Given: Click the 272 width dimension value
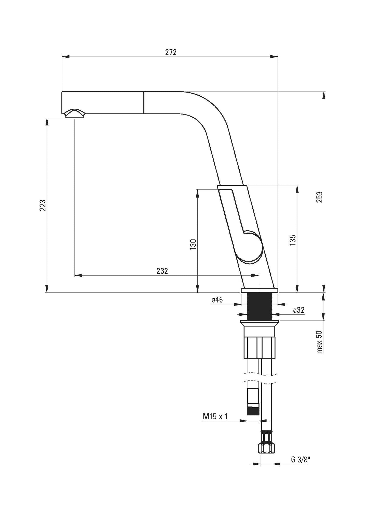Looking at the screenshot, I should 171,52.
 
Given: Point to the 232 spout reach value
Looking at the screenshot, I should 162,271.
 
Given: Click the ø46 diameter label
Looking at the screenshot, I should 217,300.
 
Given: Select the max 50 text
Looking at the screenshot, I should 320,342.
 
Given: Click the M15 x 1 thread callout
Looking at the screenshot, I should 215,417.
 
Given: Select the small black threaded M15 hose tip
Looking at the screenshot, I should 253,411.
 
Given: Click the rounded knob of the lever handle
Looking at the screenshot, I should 251,246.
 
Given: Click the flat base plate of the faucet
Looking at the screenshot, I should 259,290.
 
